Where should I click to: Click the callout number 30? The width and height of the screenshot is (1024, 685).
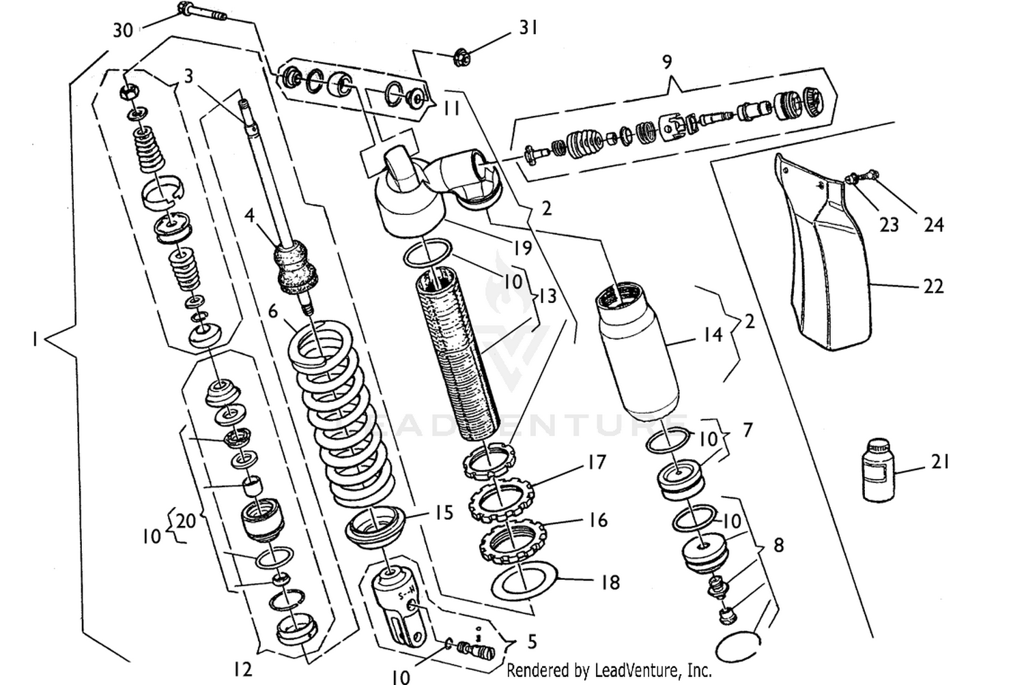123,30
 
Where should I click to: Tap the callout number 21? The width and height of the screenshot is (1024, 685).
940,462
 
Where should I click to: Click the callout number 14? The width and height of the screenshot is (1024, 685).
713,334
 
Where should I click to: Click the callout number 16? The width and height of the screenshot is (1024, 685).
597,520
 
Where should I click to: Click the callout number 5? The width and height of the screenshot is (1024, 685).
532,641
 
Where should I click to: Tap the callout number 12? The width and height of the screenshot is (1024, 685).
242,669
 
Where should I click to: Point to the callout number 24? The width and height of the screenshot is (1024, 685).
933,224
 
